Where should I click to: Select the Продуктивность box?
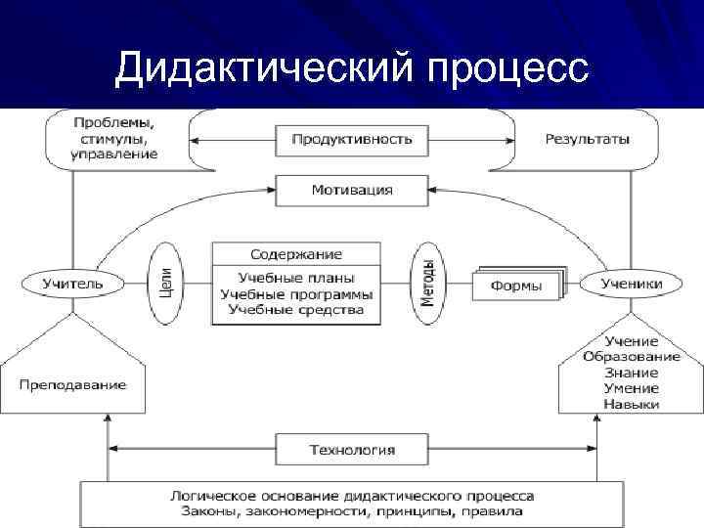(x=351, y=139)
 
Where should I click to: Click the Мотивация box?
(x=351, y=190)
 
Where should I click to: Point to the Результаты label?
(x=588, y=139)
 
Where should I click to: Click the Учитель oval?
(x=72, y=284)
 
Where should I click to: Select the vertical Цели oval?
(x=165, y=284)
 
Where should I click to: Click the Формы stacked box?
(x=517, y=286)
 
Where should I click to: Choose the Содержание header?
(x=296, y=253)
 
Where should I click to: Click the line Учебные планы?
(x=296, y=278)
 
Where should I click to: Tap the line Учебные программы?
(x=296, y=293)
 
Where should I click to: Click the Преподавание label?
(x=72, y=384)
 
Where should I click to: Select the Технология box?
(x=352, y=450)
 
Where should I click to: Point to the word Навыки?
(x=631, y=404)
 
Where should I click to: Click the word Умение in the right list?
(x=631, y=388)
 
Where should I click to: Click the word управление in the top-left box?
(x=113, y=154)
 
